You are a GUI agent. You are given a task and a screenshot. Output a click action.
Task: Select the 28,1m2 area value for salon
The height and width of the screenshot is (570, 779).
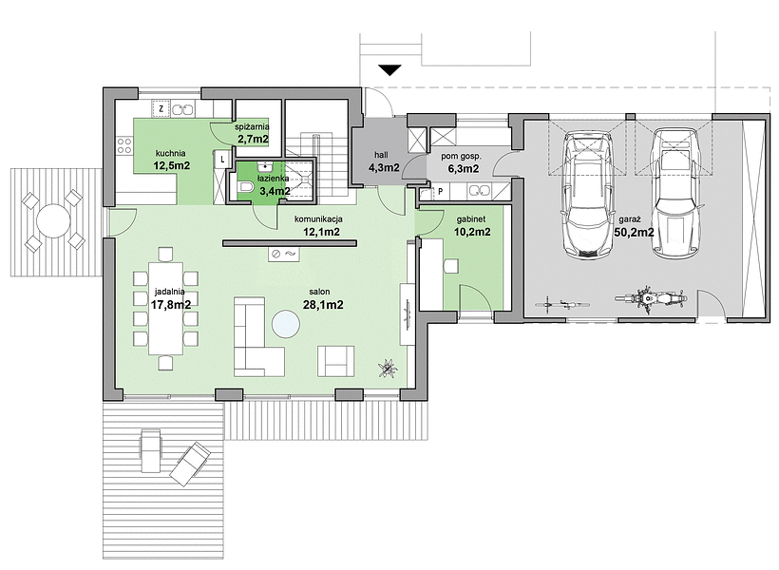(x=323, y=305)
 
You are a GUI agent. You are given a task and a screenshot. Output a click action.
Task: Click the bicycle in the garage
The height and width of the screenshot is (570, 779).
(x=559, y=303)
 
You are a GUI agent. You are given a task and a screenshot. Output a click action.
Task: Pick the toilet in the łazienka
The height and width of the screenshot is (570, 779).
(x=245, y=187)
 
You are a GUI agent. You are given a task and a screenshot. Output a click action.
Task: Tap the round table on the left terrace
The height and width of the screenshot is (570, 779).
(x=53, y=220)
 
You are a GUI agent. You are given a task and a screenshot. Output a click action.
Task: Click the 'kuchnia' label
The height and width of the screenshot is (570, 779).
(x=170, y=154)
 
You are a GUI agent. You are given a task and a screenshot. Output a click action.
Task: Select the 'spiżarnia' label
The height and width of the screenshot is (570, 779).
(x=253, y=127)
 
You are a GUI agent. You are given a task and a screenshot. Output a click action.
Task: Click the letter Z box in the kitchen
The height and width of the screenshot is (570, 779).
(x=161, y=108)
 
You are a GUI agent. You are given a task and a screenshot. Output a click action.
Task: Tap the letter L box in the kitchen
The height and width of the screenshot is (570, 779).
(x=222, y=160)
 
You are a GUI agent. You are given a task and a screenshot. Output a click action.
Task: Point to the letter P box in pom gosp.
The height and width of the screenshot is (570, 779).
(x=440, y=191)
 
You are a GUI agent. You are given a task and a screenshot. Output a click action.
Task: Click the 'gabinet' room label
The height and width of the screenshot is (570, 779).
(x=471, y=219)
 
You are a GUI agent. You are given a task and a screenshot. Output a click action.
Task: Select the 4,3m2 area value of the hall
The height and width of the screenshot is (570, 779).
(x=384, y=167)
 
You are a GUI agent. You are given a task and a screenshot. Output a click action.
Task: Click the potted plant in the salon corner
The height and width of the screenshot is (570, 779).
(x=386, y=368)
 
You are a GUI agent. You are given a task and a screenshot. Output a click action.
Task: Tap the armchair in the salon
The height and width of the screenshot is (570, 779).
(x=336, y=361)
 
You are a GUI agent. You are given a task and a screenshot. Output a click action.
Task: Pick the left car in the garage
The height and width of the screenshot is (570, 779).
(x=587, y=194)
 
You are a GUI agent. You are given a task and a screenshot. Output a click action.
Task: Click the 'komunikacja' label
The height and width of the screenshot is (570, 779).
(x=318, y=218)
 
